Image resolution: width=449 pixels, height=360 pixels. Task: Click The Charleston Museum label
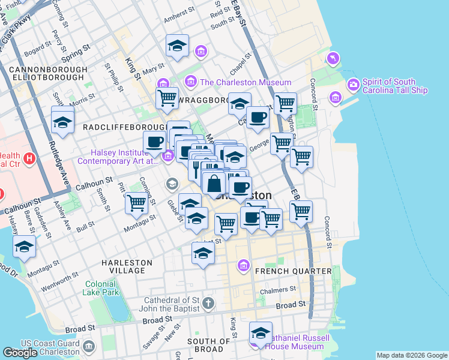click(246, 82)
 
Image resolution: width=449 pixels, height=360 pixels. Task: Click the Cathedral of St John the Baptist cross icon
click(208, 302)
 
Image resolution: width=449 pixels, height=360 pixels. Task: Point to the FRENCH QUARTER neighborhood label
click(294, 271)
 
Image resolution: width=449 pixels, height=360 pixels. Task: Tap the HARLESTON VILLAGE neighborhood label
click(123, 266)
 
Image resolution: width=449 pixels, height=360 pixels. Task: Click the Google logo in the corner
click(20, 353)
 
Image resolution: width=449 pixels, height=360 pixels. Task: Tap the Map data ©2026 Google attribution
click(411, 355)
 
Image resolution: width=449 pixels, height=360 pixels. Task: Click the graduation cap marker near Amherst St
click(177, 46)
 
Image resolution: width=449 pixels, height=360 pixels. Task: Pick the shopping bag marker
click(214, 184)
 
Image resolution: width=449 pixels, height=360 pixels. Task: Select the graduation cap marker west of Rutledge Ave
click(62, 122)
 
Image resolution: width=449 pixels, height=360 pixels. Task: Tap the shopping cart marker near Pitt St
click(137, 203)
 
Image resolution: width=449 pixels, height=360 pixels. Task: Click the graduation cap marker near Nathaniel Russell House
click(261, 333)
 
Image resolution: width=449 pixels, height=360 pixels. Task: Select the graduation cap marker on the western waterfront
click(24, 247)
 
